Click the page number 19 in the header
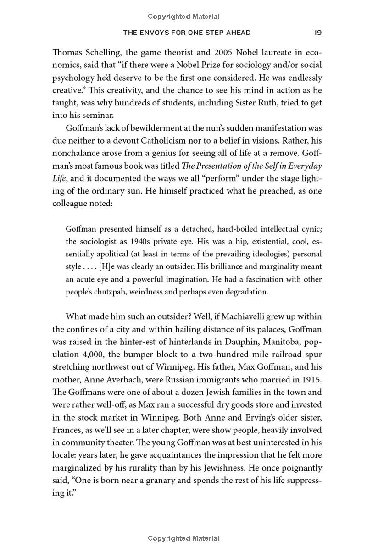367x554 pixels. coord(317,33)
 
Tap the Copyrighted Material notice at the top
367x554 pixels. coord(183,17)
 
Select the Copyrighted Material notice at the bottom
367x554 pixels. coord(183,538)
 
